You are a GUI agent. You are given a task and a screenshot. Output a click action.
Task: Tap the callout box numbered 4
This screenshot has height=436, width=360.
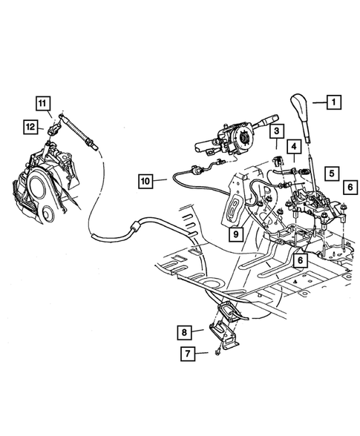(x=295, y=148)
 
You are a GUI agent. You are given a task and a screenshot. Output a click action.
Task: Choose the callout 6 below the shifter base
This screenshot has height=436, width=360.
(x=299, y=261)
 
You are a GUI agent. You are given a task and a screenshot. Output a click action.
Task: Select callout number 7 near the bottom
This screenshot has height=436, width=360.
(x=189, y=355)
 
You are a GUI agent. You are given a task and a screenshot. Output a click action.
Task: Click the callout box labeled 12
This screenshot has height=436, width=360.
(x=30, y=128)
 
